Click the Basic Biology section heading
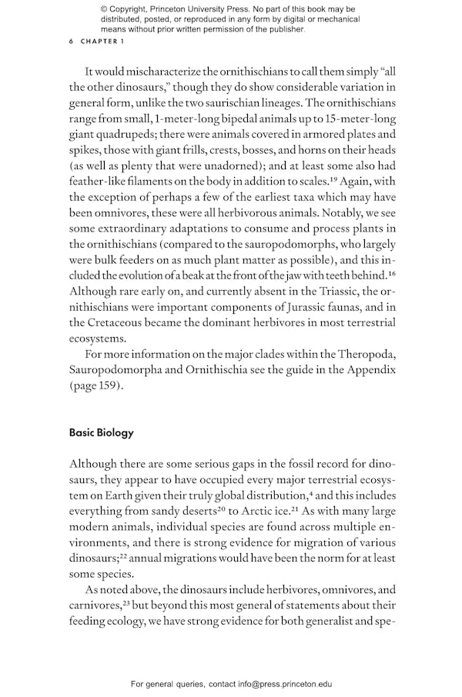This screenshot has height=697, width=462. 101,432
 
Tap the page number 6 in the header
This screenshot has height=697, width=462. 72,42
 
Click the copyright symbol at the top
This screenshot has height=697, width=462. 104,8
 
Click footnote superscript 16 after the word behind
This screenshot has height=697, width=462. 390,272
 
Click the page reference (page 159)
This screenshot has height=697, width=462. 95,386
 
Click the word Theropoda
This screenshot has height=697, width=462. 364,354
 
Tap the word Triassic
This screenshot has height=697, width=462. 335,290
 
